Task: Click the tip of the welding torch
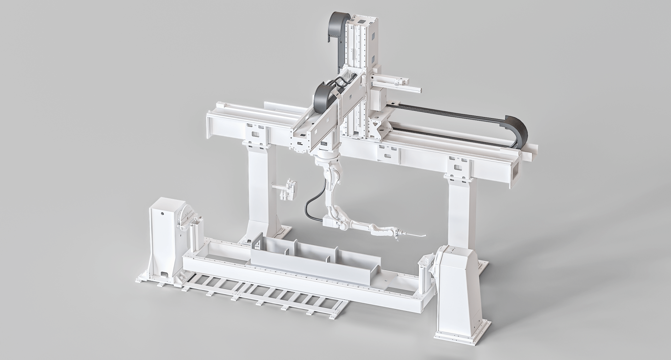pyautogui.click(x=425, y=236)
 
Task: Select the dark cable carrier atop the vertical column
pyautogui.click(x=335, y=28)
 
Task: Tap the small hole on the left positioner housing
pyautogui.click(x=162, y=213)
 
